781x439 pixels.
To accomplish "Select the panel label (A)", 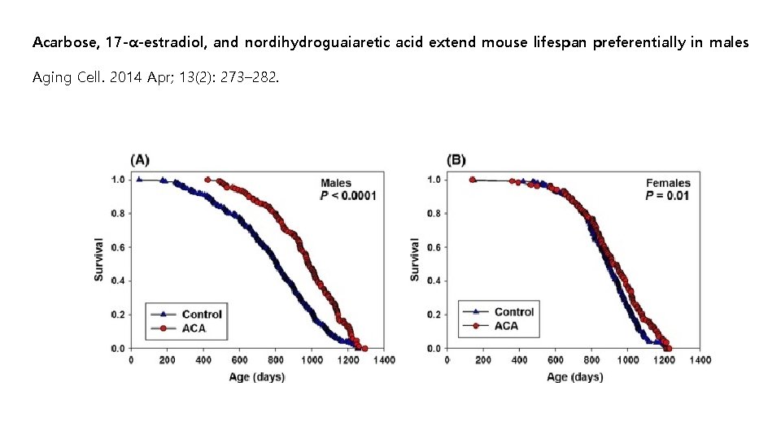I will [x=140, y=159].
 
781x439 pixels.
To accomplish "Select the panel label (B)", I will [x=456, y=159].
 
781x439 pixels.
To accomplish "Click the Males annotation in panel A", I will [x=336, y=183].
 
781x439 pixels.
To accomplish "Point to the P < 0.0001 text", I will [x=348, y=196].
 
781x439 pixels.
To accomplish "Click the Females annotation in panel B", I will [x=667, y=183].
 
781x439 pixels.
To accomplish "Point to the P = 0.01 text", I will [x=667, y=196].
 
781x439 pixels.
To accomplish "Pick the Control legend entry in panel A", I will [x=201, y=315].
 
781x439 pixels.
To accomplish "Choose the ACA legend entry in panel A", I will [x=193, y=328].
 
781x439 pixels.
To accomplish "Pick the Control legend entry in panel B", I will [x=513, y=312].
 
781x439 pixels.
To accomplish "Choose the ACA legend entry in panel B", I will [x=505, y=326].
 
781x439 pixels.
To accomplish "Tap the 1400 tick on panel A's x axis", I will [x=383, y=360].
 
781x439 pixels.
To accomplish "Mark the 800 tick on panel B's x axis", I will [x=592, y=360].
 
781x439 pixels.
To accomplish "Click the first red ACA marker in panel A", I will [x=207, y=180].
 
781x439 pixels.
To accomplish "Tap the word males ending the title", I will [x=730, y=42].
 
